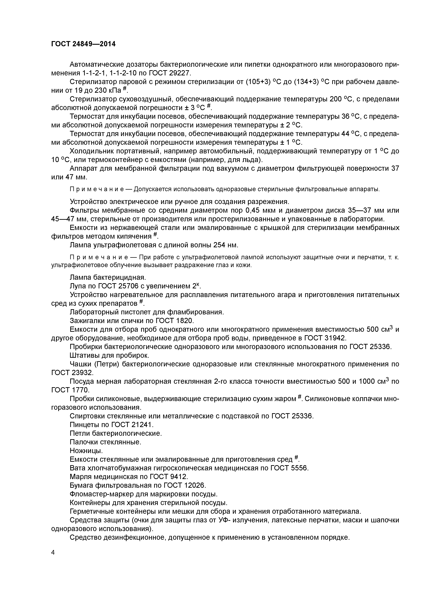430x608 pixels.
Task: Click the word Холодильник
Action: pos(93,151)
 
